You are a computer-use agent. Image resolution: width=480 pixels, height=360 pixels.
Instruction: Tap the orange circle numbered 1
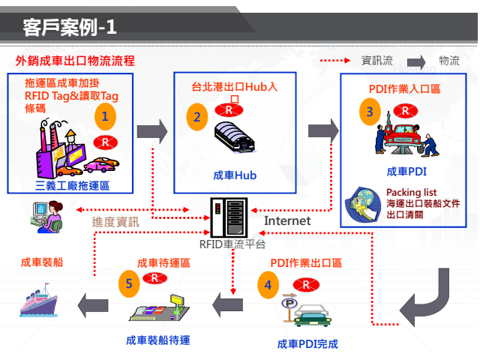106,116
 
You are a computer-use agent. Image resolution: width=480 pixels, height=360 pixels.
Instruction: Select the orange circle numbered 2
197,117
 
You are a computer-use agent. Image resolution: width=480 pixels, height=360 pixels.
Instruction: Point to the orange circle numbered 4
268,284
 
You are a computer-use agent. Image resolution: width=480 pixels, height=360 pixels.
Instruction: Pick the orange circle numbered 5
129,284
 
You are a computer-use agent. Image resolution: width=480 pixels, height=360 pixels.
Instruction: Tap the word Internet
287,220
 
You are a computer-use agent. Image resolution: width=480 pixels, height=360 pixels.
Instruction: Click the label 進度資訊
115,221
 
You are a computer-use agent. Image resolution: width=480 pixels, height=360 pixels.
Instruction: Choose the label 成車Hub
235,175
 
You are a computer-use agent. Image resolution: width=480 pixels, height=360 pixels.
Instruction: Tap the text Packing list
411,193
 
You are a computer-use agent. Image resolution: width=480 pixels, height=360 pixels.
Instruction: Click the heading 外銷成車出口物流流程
75,61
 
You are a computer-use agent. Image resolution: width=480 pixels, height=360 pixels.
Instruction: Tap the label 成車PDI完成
307,344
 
